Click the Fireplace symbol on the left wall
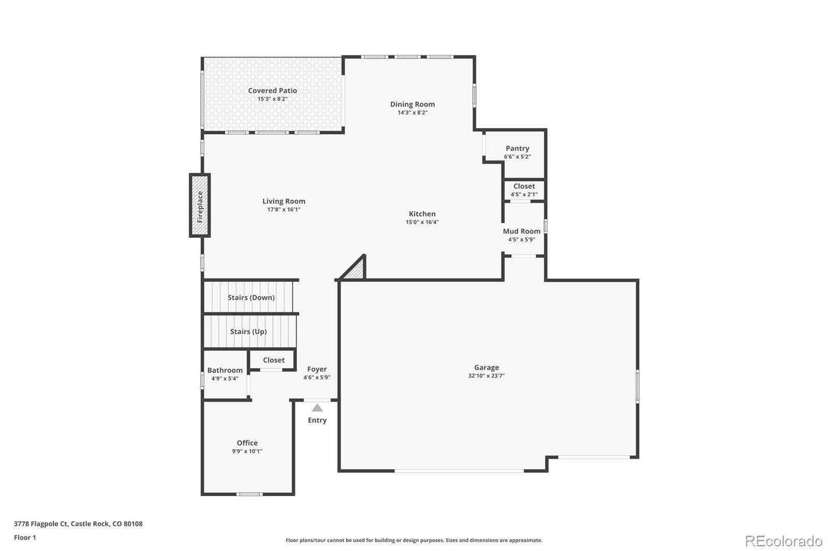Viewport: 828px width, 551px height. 200,206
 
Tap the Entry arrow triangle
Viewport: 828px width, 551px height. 317,408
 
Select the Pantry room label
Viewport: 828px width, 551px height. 517,148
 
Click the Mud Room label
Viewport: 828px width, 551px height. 522,231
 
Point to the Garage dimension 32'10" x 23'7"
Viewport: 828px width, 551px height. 486,376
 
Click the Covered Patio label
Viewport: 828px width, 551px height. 272,90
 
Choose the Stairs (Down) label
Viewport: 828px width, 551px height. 251,298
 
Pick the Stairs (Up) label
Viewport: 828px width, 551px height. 248,331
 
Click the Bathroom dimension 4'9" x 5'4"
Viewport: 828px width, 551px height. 225,378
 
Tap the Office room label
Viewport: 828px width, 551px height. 247,443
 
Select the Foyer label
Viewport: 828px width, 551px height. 317,369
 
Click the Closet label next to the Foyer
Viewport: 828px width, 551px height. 273,360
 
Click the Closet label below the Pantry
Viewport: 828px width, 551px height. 524,186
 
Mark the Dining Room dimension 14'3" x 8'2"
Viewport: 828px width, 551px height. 412,113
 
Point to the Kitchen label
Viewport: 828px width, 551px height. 422,213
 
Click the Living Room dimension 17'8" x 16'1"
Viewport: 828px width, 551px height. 284,210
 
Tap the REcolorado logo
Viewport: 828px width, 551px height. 783,541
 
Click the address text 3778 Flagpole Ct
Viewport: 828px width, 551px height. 41,524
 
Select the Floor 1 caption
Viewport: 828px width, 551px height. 25,538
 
